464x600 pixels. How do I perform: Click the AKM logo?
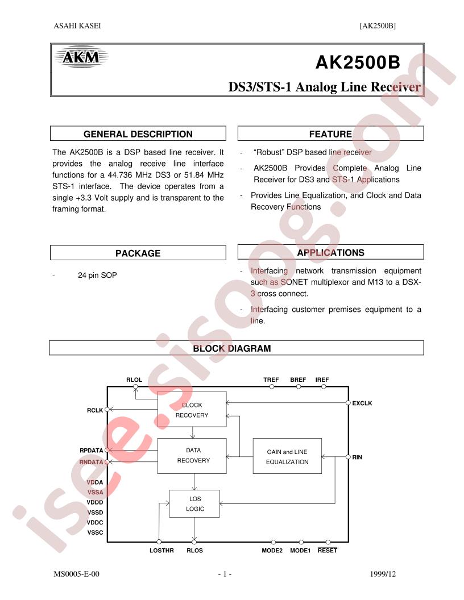81,57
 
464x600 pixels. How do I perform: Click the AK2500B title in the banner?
358,63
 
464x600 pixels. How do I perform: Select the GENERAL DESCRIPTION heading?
138,134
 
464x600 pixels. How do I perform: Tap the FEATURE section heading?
330,134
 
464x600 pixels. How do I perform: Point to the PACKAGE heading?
138,253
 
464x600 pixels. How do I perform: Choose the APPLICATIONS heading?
330,252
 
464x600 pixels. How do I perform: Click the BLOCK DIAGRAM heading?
231,348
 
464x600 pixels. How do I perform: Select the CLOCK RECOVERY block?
192,409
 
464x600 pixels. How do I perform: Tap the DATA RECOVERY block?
192,456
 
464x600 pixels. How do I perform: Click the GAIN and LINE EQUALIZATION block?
287,456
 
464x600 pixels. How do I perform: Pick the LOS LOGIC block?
194,503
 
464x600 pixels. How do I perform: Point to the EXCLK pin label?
362,403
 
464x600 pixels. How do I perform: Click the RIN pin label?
357,457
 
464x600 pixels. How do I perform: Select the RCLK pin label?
95,410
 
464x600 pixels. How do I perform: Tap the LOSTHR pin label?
161,550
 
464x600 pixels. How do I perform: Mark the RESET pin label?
328,550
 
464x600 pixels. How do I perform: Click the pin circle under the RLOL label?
135,387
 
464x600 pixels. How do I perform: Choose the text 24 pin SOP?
97,275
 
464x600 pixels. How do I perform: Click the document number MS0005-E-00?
77,574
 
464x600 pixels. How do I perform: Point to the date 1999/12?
383,574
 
